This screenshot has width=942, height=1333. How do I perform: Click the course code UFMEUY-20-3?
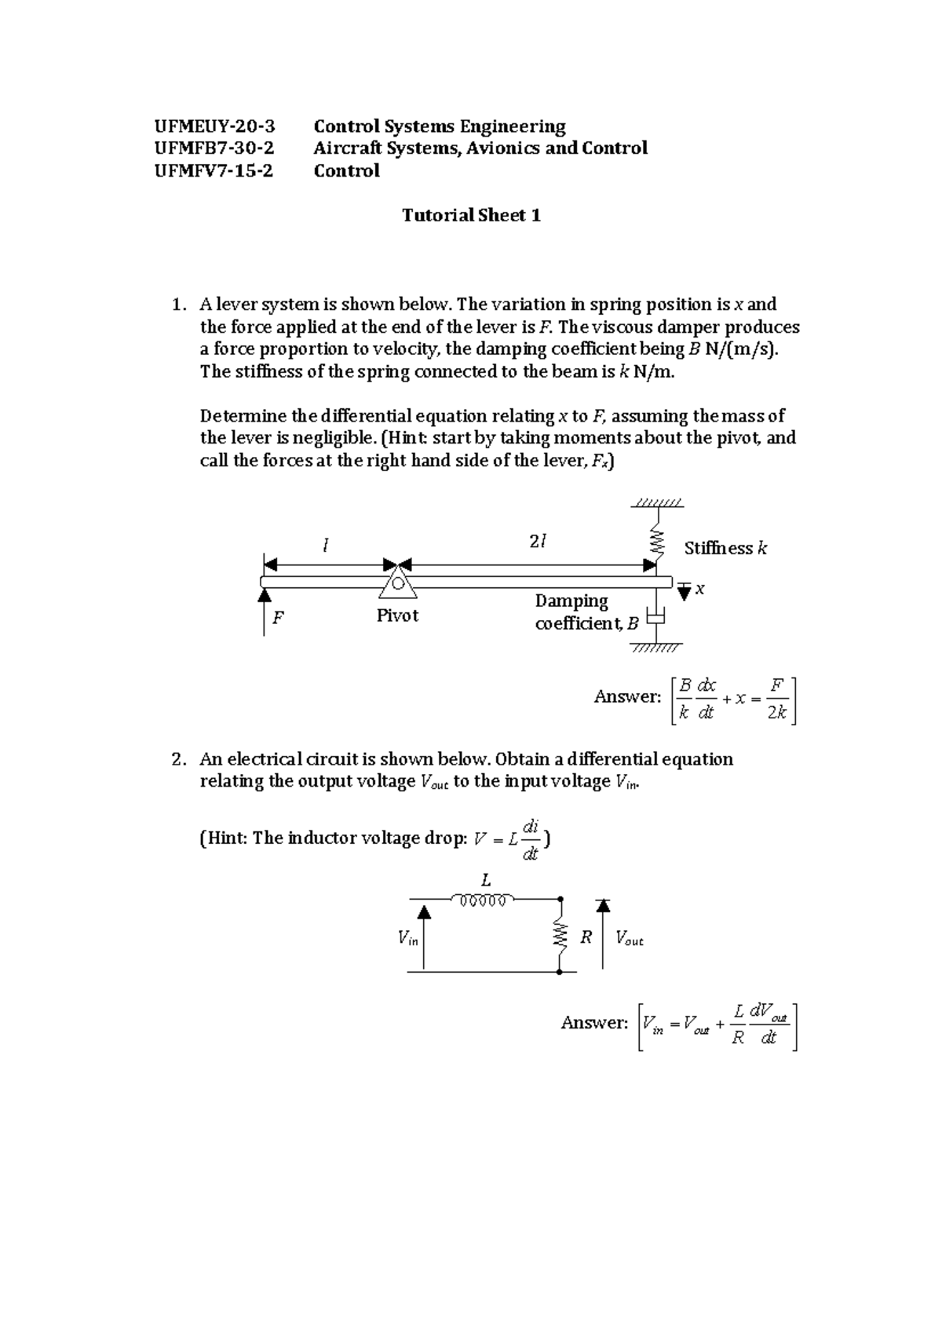point(214,126)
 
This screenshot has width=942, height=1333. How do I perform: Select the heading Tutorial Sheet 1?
point(471,215)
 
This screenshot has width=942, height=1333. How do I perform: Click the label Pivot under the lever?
point(397,615)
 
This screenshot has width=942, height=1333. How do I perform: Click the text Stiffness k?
point(725,548)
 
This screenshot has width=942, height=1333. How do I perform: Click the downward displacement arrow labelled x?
point(685,591)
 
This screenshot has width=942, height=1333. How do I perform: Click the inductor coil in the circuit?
point(482,900)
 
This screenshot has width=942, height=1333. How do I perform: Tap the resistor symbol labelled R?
point(560,936)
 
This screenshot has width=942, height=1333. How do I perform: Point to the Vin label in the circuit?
point(407,937)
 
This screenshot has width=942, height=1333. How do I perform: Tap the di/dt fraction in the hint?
point(531,839)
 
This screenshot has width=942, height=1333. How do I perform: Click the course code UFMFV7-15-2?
point(214,170)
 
